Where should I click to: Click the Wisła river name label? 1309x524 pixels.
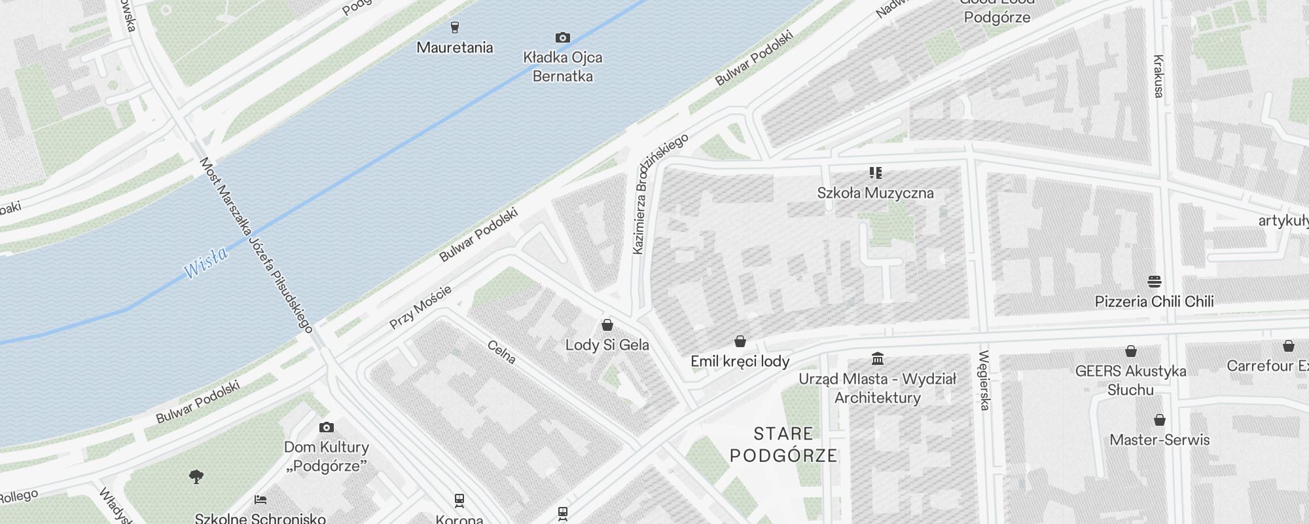(206, 261)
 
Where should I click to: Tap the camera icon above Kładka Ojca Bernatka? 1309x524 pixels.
(562, 37)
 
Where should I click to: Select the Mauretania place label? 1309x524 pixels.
(454, 47)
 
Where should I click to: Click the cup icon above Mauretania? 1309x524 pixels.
(455, 27)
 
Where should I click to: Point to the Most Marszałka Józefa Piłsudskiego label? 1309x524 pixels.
(257, 244)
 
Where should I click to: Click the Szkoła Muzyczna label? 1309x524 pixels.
(875, 193)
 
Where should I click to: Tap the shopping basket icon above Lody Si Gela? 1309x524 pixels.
(607, 325)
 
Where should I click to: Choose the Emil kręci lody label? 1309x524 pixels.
(740, 361)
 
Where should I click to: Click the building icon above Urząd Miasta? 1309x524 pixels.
(878, 358)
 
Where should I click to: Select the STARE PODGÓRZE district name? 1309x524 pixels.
(783, 444)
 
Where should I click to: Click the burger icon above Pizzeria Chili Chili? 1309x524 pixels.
(1154, 282)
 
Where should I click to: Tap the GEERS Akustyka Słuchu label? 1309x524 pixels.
(1130, 380)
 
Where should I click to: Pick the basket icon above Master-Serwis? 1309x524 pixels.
(1159, 420)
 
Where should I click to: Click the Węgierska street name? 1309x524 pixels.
(983, 381)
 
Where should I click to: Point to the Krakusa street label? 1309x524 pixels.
(1158, 76)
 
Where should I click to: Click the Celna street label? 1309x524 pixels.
(501, 352)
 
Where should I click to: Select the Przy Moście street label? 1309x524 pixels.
(420, 307)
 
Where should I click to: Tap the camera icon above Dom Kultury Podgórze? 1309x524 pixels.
(326, 428)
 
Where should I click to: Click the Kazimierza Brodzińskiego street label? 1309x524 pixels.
(661, 193)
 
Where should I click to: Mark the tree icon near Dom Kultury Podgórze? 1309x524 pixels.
(196, 477)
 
